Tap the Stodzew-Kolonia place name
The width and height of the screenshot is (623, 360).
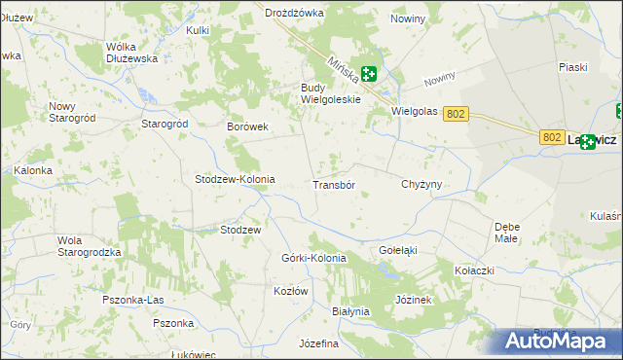236,180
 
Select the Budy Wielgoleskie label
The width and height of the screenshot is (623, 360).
330,93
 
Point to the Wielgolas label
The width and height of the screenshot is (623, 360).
414,111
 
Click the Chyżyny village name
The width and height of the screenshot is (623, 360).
421,184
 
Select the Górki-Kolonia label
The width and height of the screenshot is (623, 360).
313,258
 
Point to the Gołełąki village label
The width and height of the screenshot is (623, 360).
397,250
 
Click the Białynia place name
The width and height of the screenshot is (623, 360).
351,311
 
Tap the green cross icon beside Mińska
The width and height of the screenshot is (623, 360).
369,73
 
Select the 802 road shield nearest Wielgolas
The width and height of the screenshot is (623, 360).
456,114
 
